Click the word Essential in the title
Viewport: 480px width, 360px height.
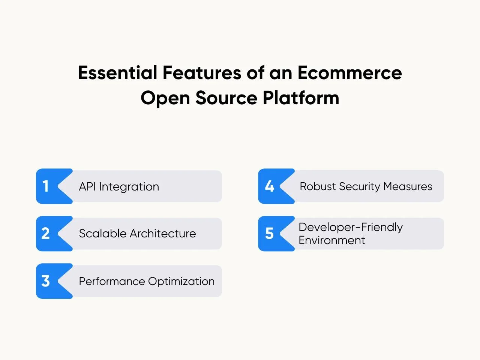tap(118, 73)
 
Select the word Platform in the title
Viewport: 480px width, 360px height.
tap(301, 98)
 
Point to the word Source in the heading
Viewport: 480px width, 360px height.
tap(226, 98)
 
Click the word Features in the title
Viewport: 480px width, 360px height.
tap(202, 73)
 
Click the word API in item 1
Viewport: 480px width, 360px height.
tap(87, 187)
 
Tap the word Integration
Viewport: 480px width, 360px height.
tap(129, 187)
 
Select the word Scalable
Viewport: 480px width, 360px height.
tap(103, 234)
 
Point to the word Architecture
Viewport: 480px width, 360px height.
tap(163, 234)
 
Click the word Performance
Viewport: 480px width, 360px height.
tap(112, 281)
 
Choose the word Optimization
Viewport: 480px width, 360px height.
tap(181, 282)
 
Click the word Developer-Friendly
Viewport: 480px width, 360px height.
tap(351, 227)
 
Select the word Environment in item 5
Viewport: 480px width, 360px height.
tap(332, 240)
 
